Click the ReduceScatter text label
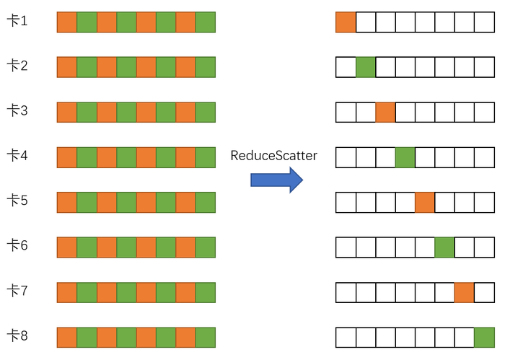(x=273, y=155)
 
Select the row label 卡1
(x=17, y=22)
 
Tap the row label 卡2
(x=17, y=66)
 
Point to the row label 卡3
(x=17, y=111)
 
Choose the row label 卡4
(x=17, y=156)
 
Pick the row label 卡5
(x=17, y=201)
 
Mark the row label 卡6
(x=17, y=246)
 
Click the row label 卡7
(x=17, y=291)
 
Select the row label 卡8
(x=17, y=336)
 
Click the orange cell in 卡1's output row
(x=346, y=22)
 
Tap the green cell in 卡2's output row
(x=366, y=67)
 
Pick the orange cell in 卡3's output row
(x=385, y=113)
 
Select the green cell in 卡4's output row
(x=405, y=157)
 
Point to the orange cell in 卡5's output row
(x=425, y=202)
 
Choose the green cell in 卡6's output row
(x=444, y=247)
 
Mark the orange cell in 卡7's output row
(x=464, y=292)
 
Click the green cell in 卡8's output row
(x=484, y=337)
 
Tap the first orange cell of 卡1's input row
(x=67, y=22)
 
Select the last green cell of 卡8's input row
(x=206, y=337)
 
